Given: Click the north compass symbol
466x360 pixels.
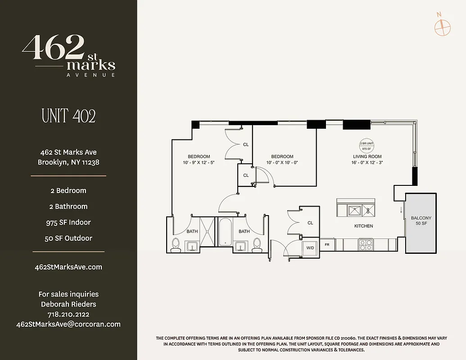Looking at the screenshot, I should coord(442,27).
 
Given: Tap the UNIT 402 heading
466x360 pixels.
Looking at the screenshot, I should coord(68,116).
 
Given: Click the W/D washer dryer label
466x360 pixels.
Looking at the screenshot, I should coord(310,247).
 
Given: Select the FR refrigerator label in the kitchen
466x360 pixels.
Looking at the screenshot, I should coord(327,245).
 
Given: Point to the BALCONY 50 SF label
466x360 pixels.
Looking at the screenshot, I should coord(421,220).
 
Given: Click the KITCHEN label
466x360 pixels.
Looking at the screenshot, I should coord(363,226).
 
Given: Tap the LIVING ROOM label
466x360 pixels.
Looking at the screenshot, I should coord(367,157).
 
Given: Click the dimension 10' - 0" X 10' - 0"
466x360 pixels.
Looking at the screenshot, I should coord(282,162).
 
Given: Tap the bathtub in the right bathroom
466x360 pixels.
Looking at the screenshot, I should coord(225,231).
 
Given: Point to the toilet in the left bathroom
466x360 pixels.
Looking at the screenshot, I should coord(176,244).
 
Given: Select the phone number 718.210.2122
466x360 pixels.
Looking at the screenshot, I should coord(68,314).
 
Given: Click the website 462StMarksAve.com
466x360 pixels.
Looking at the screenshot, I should coord(68,267).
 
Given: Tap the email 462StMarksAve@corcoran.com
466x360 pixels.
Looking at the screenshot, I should coord(68,324).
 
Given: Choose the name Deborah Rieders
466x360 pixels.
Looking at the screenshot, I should coord(68,304).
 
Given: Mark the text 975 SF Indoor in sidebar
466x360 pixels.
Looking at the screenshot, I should coord(68,222).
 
